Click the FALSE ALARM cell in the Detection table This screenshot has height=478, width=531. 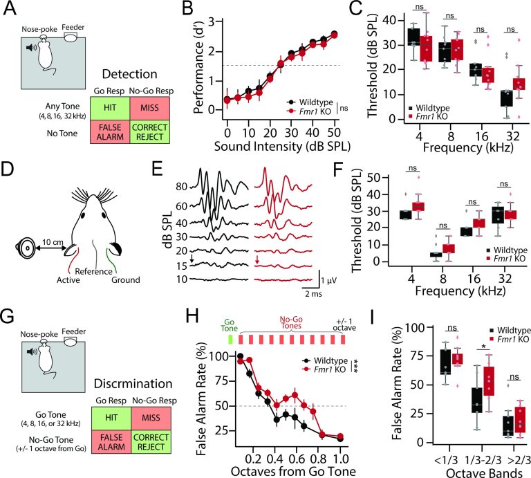click(111, 138)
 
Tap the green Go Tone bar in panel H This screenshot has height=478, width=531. click(231, 340)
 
